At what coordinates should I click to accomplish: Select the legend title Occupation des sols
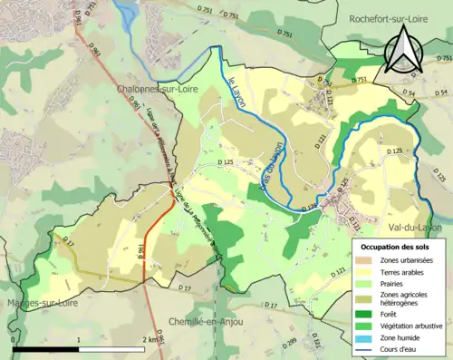click(x=394, y=246)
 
